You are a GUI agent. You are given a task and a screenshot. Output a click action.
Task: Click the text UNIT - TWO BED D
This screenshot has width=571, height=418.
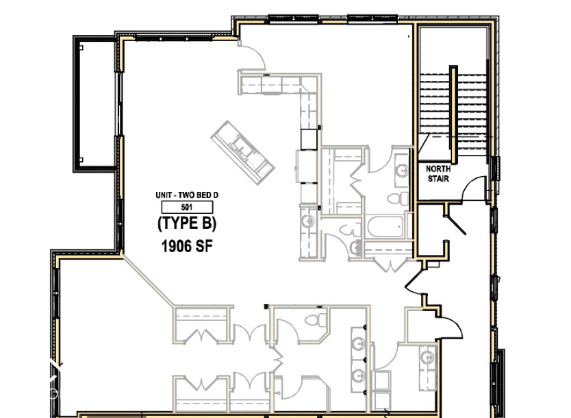(187, 195)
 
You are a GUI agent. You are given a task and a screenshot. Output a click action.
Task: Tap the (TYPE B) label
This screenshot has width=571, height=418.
(187, 223)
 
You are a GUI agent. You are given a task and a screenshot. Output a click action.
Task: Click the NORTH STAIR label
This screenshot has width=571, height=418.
(437, 174)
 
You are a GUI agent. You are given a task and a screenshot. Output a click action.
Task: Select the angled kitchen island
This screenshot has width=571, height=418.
(243, 149)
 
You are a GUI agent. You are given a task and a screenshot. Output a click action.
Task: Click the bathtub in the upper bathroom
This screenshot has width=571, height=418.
(385, 228)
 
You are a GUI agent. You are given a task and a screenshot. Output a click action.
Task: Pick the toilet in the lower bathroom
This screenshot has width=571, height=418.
(314, 320)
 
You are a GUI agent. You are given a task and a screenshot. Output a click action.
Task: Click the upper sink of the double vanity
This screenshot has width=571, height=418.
(358, 343)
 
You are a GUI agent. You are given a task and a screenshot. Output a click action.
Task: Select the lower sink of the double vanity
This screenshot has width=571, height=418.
(358, 375)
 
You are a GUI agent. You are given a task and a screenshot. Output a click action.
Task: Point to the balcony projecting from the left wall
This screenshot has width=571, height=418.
(94, 103)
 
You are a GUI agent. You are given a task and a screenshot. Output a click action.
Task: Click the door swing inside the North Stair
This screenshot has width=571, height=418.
(474, 188)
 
